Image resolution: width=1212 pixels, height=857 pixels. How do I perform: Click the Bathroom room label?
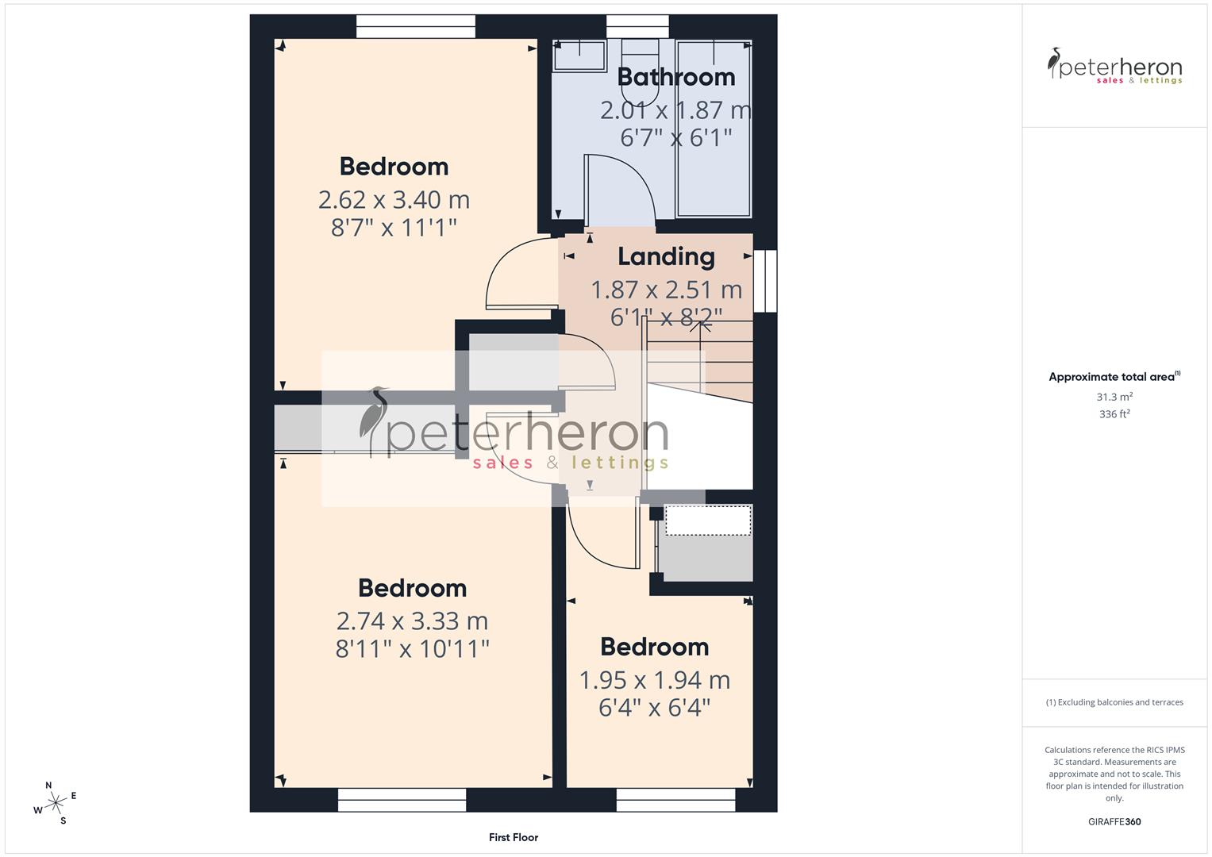coord(675,77)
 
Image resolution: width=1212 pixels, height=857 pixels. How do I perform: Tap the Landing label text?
coord(666,256)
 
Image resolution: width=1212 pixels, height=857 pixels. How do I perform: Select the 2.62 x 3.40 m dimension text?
coord(394,199)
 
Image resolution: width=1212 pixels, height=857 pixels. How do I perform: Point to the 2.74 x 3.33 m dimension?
coord(412,621)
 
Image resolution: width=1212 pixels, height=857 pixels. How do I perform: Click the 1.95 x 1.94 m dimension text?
coord(654,680)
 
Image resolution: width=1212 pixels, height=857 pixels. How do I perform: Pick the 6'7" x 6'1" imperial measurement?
coord(675,137)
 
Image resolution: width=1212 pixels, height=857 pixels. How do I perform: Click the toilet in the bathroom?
coord(640,71)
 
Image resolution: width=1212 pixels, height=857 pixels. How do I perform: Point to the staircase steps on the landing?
coord(698,357)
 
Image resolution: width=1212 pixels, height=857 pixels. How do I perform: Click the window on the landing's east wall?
coord(765,281)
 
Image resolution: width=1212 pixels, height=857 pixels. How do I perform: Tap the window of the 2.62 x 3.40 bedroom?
coord(415,26)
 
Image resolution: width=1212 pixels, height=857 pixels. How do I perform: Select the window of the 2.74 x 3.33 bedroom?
coord(402,800)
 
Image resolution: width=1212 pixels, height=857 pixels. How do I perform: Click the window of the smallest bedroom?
coord(675,800)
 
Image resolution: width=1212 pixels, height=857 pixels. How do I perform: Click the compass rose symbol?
coord(56,803)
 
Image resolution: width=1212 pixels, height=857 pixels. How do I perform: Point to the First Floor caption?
coord(513,837)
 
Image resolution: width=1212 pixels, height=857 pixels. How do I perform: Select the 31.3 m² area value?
coord(1114,397)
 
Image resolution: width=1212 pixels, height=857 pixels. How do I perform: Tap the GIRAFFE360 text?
coord(1114,822)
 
